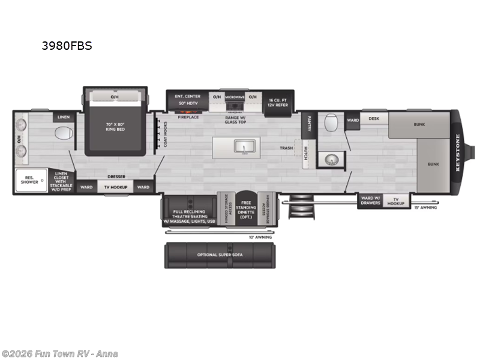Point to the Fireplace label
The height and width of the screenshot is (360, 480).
(188, 118)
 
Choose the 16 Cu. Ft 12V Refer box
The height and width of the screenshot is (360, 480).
(278, 103)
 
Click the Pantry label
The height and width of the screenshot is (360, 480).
(308, 123)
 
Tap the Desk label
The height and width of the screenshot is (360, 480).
(374, 119)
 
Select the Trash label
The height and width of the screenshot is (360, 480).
(286, 148)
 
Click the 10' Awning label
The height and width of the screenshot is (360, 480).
(260, 237)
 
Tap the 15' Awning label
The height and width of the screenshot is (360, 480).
(425, 208)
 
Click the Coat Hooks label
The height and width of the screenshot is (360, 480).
(166, 133)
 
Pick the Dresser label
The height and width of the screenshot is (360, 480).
(116, 177)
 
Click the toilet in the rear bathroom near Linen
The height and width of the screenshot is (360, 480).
(63, 133)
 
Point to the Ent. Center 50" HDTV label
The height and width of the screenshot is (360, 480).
(188, 100)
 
